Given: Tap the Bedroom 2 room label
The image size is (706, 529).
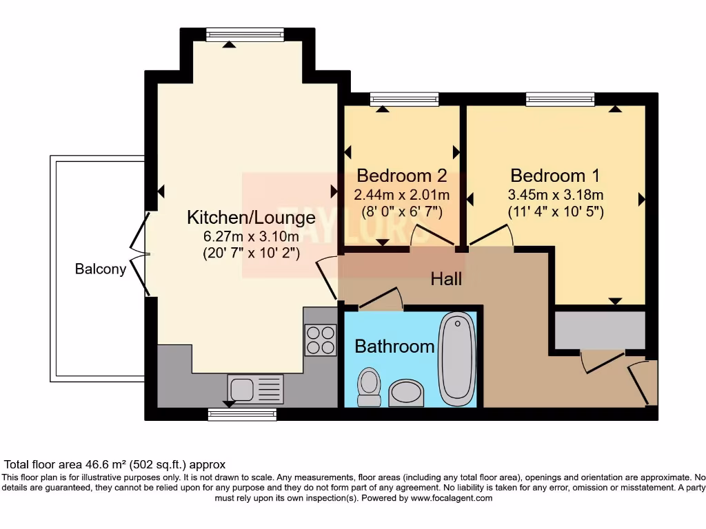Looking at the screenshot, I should (x=402, y=175).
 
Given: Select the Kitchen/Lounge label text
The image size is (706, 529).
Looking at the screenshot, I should (x=251, y=218).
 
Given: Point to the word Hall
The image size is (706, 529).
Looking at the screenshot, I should (x=446, y=279).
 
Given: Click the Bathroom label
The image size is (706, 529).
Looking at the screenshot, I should (x=394, y=346).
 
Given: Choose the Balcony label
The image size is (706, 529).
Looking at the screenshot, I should (x=101, y=269).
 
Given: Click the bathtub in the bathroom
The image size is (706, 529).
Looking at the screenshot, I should (x=457, y=359).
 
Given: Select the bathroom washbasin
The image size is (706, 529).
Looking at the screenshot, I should (x=407, y=393).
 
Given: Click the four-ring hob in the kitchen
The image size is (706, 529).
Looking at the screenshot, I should (x=320, y=340).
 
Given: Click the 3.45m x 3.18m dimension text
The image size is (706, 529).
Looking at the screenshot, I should (x=555, y=195).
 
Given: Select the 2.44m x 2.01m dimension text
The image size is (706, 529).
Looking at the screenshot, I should (x=402, y=195).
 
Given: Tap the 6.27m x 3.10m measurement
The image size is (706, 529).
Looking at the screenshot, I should (x=251, y=236).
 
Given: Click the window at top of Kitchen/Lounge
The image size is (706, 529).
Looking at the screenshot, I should (x=245, y=35).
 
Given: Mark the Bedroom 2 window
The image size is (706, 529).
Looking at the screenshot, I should (x=404, y=99).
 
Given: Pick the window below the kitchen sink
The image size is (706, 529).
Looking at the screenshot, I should (x=242, y=414).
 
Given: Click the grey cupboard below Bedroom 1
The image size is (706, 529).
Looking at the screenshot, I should (x=600, y=331).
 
